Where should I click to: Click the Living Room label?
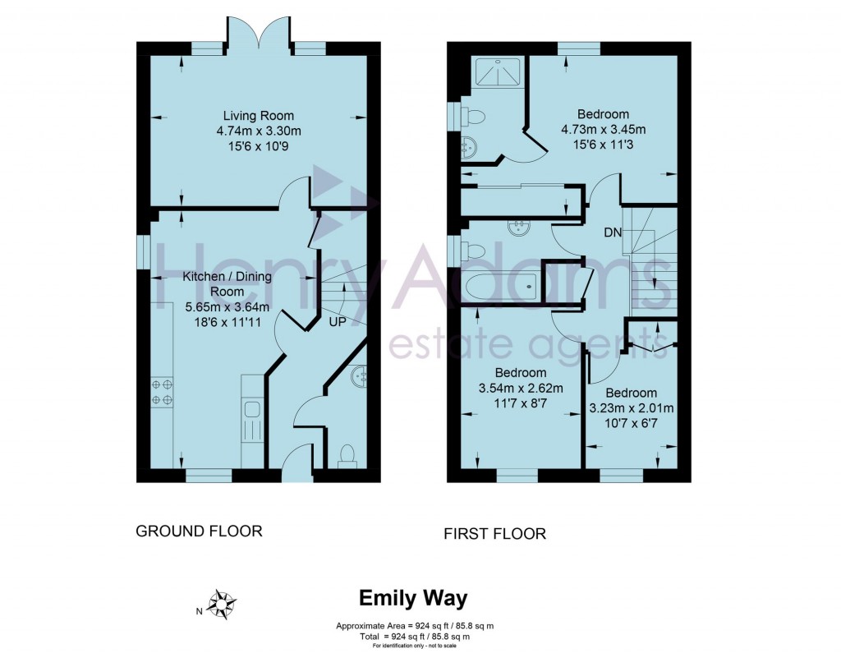pos(259,116)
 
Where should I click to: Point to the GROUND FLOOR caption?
pos(199,531)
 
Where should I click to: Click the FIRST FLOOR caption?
pos(494,534)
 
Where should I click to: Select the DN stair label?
pos(613,232)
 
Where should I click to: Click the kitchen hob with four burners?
pos(162,392)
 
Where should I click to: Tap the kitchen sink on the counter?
pos(251,409)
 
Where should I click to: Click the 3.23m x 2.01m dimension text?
pos(632,408)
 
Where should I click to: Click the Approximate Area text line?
pos(414,626)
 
